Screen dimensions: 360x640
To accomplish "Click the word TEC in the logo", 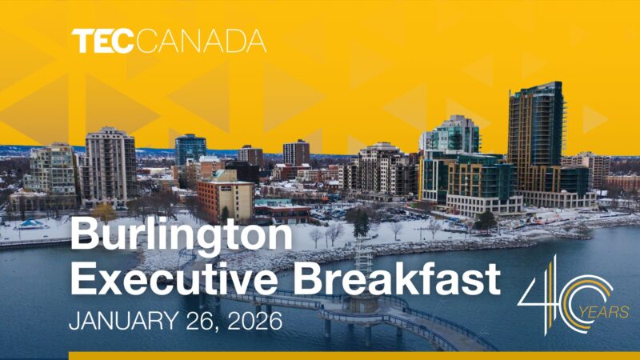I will click(102, 41).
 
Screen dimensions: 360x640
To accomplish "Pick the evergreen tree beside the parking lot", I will click(361, 221).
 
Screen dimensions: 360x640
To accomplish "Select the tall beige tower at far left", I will click(110, 165).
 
